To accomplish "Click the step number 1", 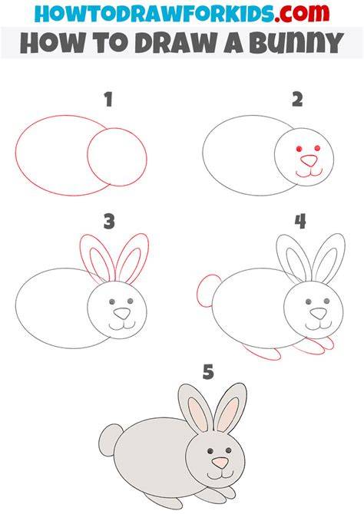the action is tap(108, 100).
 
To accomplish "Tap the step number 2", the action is tap(297, 100).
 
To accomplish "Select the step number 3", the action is tap(109, 221).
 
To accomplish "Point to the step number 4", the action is tap(300, 221).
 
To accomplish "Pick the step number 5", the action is tap(208, 372).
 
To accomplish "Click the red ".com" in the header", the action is tap(302, 13).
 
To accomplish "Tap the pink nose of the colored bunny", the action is tap(220, 463).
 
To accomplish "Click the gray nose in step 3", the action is tap(122, 313).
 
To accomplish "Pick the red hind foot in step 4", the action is tap(263, 353).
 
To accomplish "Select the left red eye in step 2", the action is tap(299, 149).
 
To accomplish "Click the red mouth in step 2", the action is tap(309, 174).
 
